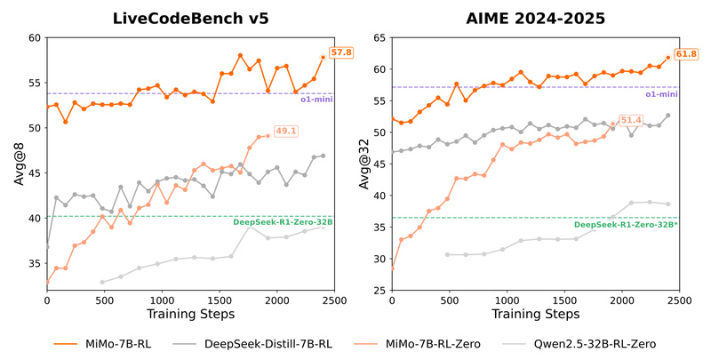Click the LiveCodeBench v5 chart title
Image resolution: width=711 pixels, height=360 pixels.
point(190,17)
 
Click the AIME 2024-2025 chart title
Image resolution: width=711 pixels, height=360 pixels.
point(536,17)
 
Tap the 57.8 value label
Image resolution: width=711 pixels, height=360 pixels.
point(341,53)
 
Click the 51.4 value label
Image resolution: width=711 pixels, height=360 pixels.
point(630,120)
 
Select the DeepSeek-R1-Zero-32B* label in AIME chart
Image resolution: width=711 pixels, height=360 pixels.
point(625,226)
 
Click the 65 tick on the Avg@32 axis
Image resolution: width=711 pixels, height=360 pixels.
point(379,38)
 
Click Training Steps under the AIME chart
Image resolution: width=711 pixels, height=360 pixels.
point(536,315)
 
